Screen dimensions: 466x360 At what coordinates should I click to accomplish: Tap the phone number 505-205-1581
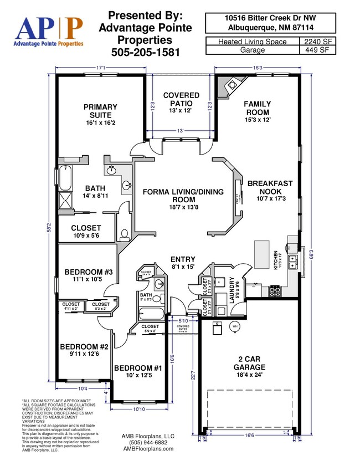145,53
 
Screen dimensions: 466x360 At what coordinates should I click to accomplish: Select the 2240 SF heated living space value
318,41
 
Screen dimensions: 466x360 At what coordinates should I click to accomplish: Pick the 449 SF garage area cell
318,50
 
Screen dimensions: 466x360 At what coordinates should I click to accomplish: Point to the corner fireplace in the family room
229,86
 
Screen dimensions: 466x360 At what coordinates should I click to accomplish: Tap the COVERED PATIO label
181,103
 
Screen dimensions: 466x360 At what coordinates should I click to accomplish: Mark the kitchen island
261,255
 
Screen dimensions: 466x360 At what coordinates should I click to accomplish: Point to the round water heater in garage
235,327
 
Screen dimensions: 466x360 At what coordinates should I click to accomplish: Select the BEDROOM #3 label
89,275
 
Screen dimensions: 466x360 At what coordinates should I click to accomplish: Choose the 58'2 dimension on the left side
49,227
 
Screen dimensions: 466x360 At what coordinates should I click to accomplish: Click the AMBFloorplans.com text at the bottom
147,449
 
